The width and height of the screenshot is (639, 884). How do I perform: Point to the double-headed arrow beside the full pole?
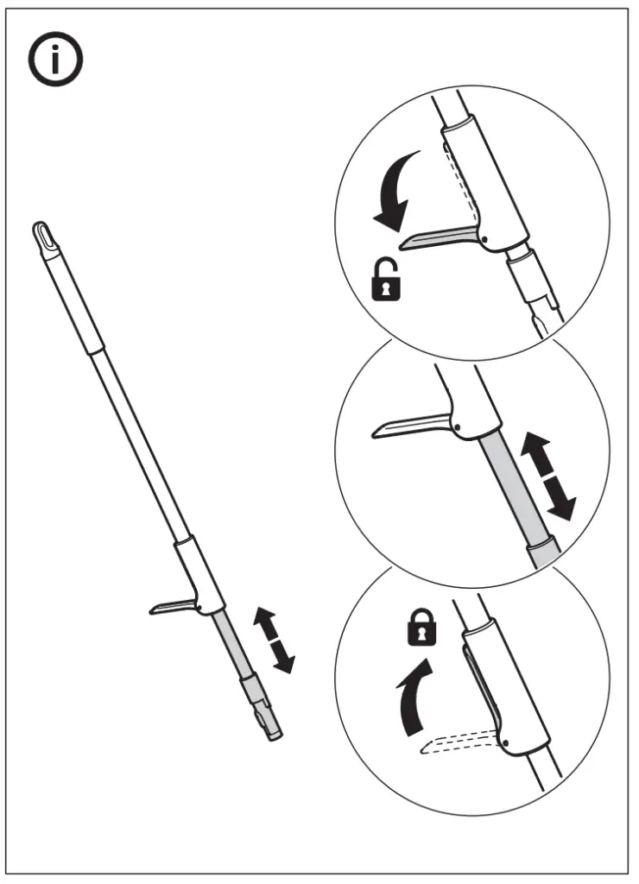click(274, 640)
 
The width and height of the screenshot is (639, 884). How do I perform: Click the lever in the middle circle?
click(410, 426)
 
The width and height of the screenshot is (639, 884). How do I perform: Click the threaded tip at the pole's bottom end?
click(272, 727)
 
